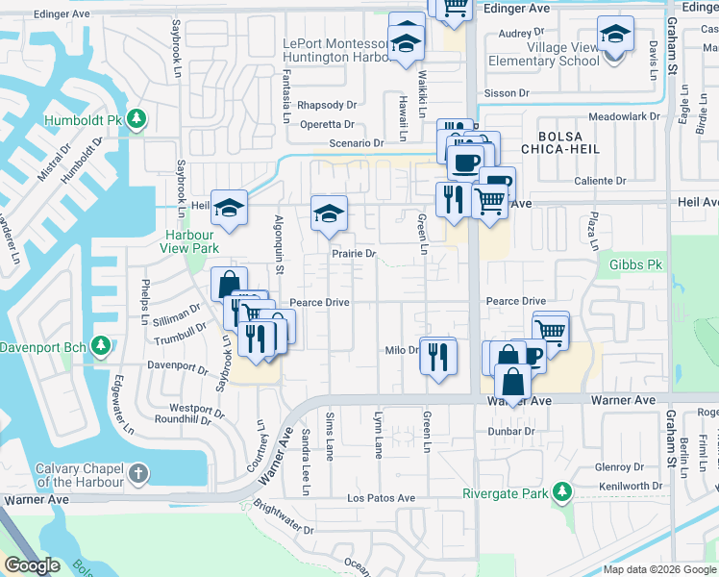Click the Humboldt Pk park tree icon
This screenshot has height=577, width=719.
click(x=137, y=119)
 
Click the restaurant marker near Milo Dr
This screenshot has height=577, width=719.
click(x=439, y=356)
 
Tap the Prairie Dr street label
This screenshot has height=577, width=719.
click(x=354, y=254)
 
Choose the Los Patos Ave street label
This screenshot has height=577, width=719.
click(x=381, y=498)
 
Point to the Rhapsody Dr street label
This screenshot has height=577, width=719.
click(x=327, y=105)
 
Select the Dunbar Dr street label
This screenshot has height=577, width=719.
click(x=510, y=432)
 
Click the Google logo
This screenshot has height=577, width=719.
click(x=33, y=565)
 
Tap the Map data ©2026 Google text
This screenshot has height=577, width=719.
click(x=659, y=569)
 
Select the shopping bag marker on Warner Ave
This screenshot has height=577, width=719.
click(x=512, y=384)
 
